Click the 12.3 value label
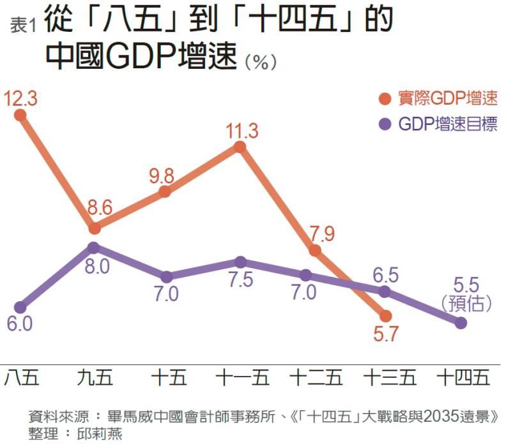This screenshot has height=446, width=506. [21, 98]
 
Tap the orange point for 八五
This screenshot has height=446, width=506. [20, 115]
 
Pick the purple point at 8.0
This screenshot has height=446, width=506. [93, 248]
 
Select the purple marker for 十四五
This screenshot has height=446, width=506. [460, 323]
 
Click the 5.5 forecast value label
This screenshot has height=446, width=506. [463, 281]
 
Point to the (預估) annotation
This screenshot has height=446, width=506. [463, 300]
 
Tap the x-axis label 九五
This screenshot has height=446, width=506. [94, 378]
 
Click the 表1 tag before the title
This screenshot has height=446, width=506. [24, 26]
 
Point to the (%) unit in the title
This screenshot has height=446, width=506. [261, 62]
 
